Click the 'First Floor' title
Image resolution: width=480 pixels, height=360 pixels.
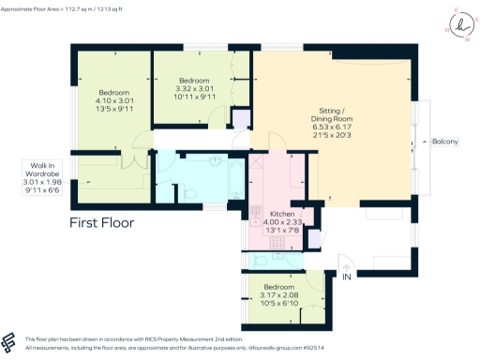[x=102, y=223]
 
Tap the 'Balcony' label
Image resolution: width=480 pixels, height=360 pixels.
[x=444, y=142]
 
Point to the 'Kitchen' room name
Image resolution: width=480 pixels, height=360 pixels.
[x=283, y=214]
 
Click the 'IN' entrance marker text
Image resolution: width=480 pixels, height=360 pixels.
[x=347, y=277]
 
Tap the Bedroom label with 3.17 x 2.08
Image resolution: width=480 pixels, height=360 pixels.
[x=281, y=287]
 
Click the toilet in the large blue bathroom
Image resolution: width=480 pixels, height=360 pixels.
[x=190, y=193]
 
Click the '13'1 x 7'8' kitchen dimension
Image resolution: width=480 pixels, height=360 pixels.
[x=283, y=231]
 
